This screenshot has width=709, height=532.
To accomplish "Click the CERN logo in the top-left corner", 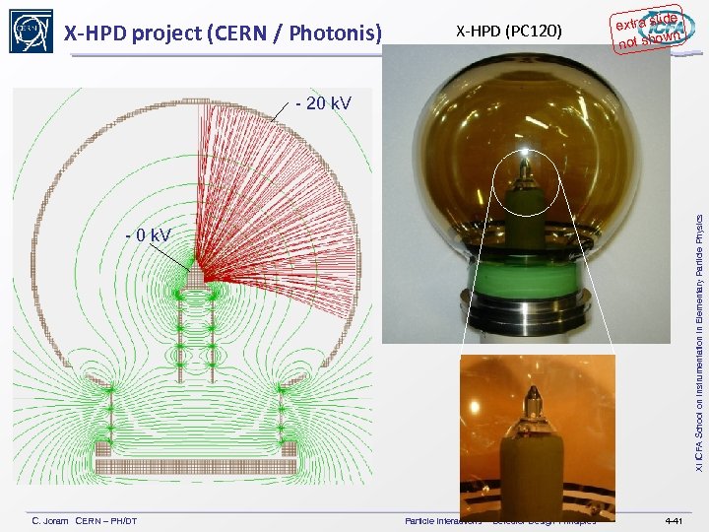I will [x=31, y=31].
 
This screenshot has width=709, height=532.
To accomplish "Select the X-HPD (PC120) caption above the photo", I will [x=508, y=33].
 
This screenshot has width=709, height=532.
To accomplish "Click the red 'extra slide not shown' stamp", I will [x=645, y=29].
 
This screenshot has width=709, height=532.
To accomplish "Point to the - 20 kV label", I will [x=324, y=102].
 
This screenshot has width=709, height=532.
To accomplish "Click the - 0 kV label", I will [x=147, y=234].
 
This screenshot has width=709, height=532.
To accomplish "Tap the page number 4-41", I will [x=674, y=520].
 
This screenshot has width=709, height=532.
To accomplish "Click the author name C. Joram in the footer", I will [x=50, y=520].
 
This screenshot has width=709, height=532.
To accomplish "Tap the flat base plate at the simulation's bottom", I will [x=195, y=465].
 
